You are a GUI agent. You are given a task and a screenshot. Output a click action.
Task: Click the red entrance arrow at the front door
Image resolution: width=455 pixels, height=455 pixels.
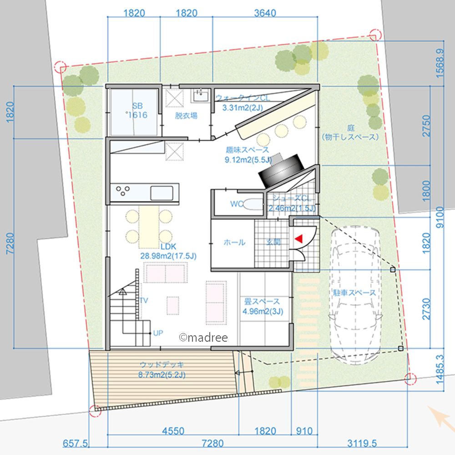pos(299,238)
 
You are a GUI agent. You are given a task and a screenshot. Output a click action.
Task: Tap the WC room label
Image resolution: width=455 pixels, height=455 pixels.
pos(237,204)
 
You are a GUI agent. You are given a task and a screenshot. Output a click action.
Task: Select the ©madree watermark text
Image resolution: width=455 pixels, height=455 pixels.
pos(203,337)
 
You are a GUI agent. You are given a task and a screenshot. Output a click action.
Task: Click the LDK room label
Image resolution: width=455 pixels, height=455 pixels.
pos(168,247)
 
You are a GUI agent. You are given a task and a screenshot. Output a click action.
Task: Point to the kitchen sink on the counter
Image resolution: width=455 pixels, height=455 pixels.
pos(162,193)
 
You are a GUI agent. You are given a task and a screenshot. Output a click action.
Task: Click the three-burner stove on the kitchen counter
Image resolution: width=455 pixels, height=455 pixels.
pos(123,191)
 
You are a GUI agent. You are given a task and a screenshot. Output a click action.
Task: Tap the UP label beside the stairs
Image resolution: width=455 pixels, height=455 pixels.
pos(158,333)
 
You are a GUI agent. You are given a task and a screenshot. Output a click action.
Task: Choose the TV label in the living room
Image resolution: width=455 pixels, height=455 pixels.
pos(144,300)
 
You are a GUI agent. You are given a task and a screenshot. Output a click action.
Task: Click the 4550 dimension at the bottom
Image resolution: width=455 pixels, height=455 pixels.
pos(173,430)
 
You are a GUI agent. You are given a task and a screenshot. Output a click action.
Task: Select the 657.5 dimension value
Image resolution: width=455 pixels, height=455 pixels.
pos(75,443)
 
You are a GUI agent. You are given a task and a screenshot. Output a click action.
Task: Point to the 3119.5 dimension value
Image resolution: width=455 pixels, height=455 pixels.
pos(362,443)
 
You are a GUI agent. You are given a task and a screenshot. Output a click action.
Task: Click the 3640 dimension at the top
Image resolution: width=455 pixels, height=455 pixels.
pos(265,13)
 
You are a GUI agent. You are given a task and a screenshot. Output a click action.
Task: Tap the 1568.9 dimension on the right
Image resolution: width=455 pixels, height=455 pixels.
pos(440,63)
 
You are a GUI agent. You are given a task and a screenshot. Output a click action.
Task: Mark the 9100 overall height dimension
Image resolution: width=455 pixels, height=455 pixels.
pos(440,217)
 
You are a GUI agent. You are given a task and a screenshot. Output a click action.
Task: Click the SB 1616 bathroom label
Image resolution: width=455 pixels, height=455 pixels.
pos(137,111)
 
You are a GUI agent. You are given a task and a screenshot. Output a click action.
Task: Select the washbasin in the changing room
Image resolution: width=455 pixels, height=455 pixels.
pos(200,96)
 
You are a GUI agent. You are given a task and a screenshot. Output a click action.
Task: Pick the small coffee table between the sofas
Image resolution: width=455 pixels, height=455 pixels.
pos(172,306)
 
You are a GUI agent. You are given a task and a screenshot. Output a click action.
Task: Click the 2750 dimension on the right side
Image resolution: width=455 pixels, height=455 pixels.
pos(426,126)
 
